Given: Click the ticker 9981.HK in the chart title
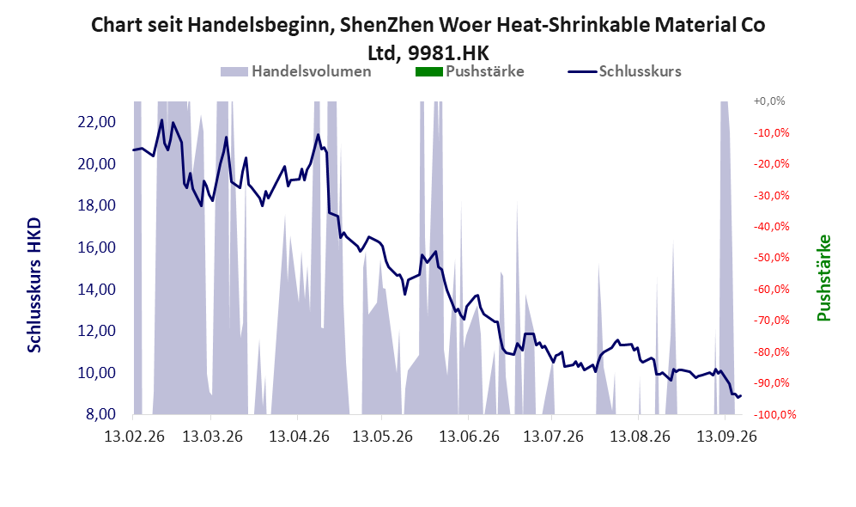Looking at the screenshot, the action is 448,53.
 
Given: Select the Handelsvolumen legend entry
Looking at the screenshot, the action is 296,71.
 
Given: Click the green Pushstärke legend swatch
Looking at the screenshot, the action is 429,71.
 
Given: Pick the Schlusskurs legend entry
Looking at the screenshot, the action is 624,71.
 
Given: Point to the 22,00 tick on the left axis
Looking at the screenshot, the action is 97,122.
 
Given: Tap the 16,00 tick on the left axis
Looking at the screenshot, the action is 97,247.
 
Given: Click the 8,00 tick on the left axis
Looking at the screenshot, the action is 100,415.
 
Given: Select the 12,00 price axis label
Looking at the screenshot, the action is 97,331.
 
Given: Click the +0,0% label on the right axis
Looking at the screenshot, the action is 769,101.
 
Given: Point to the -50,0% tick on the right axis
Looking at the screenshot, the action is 771,257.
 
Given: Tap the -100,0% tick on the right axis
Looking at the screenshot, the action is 774,415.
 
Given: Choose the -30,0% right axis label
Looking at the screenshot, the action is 771,195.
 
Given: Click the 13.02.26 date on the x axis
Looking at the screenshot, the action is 134,437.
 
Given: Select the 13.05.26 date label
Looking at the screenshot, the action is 382,437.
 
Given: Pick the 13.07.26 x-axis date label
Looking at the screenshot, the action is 553,437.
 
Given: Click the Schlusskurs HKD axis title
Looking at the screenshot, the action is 34,286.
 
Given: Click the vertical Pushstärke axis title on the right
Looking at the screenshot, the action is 823,278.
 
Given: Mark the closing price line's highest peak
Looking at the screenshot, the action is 161,119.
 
